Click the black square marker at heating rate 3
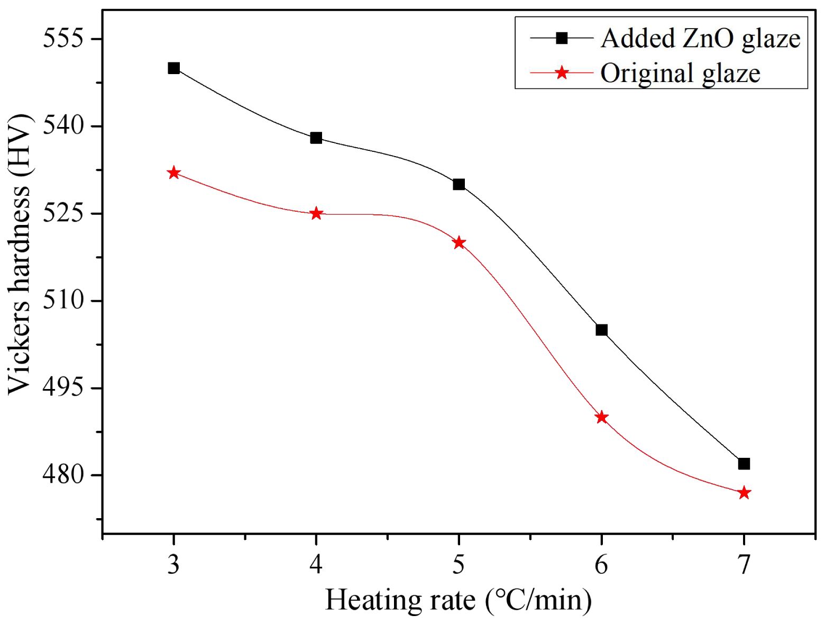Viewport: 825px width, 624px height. point(173,68)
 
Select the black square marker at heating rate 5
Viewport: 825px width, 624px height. point(459,184)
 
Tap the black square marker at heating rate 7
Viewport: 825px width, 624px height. point(744,464)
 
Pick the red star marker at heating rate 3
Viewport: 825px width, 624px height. point(173,173)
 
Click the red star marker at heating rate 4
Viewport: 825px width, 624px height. point(316,214)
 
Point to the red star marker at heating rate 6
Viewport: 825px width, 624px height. point(601,417)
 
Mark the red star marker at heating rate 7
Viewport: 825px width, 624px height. point(744,493)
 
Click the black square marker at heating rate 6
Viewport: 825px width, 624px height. point(601,330)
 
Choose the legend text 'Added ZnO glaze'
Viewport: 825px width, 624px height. point(700,39)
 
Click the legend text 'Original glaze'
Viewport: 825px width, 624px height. point(680,73)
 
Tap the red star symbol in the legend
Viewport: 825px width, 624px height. point(562,73)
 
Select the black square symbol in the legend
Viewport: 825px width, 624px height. point(562,38)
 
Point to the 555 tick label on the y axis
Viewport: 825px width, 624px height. point(63,39)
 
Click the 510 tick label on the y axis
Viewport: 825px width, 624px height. point(63,300)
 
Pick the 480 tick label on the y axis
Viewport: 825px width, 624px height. point(63,475)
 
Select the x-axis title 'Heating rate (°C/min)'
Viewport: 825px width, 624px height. point(458,600)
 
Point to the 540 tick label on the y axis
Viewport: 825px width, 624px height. point(63,126)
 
